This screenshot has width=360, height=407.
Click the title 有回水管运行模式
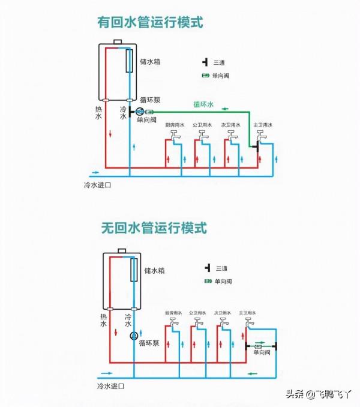[151, 23]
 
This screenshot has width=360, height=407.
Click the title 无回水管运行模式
[154, 228]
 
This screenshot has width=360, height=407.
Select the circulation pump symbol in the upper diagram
[140, 112]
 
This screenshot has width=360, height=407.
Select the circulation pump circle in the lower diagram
[134, 336]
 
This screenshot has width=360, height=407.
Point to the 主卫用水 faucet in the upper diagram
[262, 139]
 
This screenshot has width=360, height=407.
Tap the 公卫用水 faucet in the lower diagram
[199, 325]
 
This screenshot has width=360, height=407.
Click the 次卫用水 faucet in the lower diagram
[223, 325]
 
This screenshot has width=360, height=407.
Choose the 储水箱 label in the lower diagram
[155, 271]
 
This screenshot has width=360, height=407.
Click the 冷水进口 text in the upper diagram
[97, 185]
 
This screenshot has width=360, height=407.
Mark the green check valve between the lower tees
[261, 346]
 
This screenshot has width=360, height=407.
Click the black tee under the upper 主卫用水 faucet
[256, 146]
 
